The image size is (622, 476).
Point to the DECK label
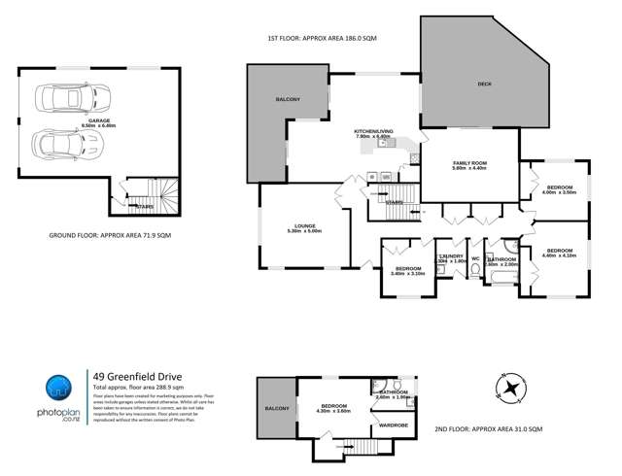point(484,85)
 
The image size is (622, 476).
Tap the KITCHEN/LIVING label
point(372,134)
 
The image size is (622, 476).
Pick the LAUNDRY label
point(452,258)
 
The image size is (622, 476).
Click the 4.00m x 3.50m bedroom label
point(560,189)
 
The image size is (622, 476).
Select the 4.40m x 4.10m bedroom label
point(560,253)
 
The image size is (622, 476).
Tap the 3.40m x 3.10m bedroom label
point(407,271)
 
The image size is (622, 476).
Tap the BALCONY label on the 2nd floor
point(276,409)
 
